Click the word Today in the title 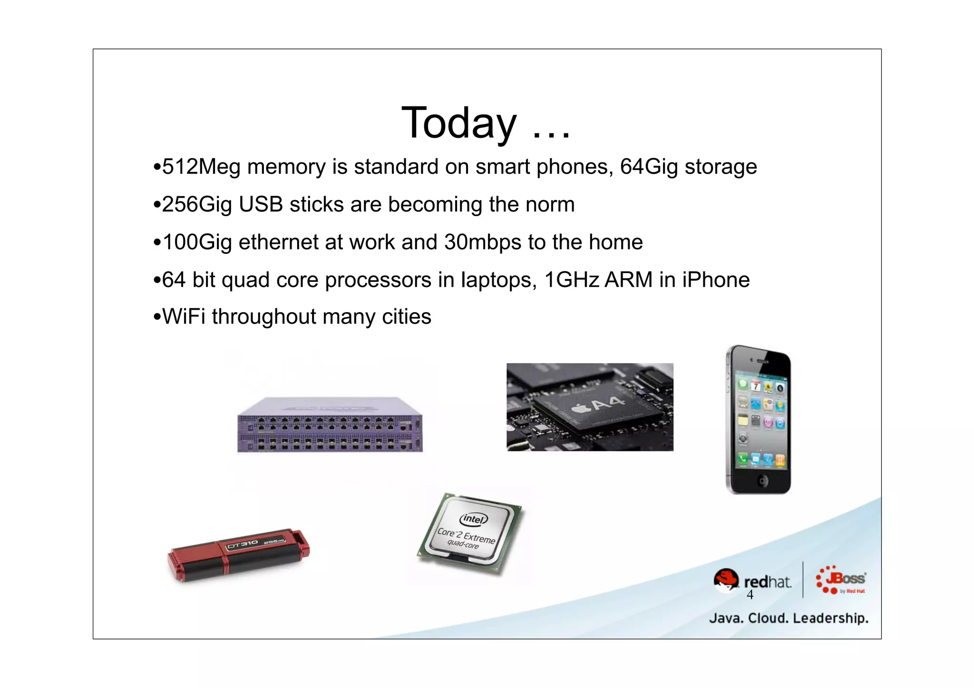pyautogui.click(x=458, y=124)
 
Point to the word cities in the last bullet pyautogui.click(x=407, y=317)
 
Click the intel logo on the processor pyautogui.click(x=474, y=519)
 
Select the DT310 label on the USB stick pyautogui.click(x=242, y=545)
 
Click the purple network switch pyautogui.click(x=330, y=425)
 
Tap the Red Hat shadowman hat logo pyautogui.click(x=726, y=580)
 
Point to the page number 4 pyautogui.click(x=750, y=595)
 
